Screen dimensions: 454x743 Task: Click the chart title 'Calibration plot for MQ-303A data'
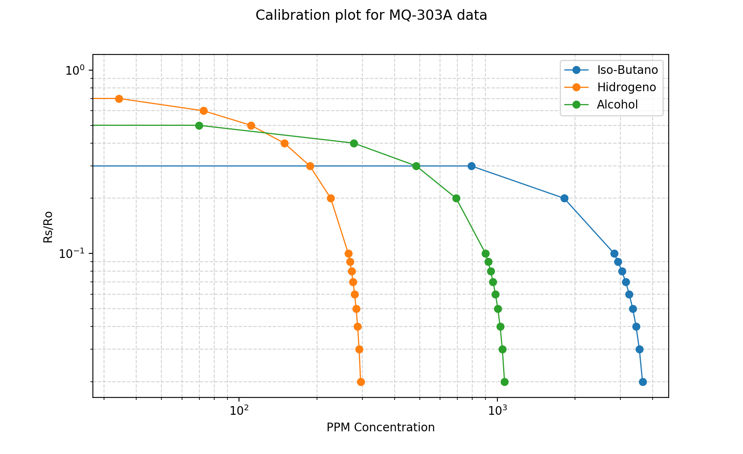click(371, 15)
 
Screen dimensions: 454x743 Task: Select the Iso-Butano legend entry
click(627, 70)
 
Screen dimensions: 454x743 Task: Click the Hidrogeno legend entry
click(626, 87)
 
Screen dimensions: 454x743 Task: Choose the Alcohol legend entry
click(617, 104)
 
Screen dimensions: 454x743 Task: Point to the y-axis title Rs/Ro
click(48, 227)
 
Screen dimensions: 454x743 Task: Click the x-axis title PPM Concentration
click(381, 427)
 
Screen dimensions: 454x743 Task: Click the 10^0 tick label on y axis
click(75, 70)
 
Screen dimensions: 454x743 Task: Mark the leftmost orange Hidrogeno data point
click(119, 99)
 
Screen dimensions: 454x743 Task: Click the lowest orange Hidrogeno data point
click(361, 382)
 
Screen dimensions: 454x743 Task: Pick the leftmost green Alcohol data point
click(199, 125)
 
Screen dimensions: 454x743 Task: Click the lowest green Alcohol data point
click(504, 382)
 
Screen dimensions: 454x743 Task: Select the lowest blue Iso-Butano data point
click(643, 382)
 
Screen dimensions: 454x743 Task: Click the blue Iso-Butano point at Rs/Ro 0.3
click(471, 166)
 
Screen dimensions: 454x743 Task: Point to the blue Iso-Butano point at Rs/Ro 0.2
click(564, 198)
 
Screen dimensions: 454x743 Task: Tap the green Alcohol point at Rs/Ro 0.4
click(354, 143)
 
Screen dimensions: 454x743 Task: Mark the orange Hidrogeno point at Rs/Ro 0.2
click(331, 198)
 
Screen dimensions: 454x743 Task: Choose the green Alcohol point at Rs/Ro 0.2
click(456, 198)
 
